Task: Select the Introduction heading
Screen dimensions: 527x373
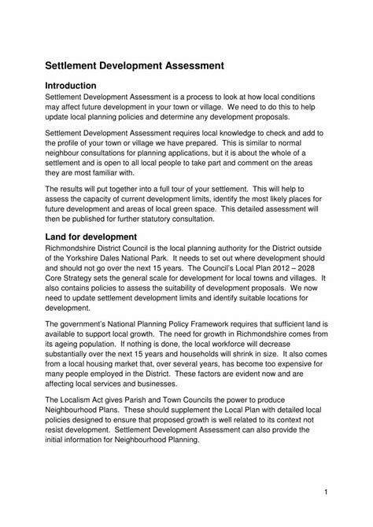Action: [x=71, y=86]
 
